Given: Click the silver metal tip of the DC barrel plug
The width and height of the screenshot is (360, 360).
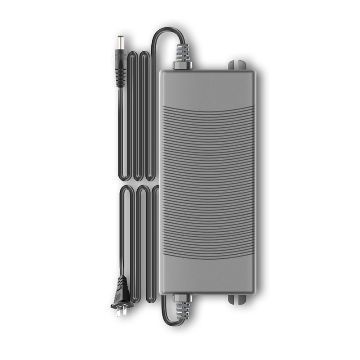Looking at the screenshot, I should click(121, 45).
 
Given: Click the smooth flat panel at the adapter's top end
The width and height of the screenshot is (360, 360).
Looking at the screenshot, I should click(207, 88).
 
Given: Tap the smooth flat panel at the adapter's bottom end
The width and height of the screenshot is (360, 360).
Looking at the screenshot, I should click(207, 274).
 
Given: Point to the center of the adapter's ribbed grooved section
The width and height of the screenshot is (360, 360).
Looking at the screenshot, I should click(207, 180).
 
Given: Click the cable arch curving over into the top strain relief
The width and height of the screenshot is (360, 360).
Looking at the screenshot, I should click(164, 32).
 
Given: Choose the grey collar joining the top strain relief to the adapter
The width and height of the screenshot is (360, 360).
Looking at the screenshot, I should click(182, 66).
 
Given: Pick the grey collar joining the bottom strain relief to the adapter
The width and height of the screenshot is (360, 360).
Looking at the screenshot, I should click(182, 298).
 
